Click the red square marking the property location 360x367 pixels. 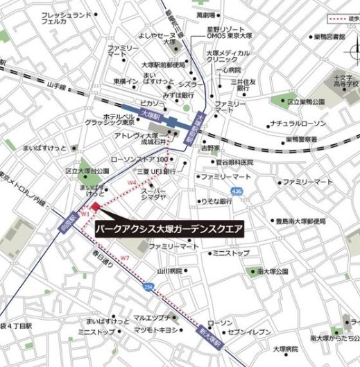click(95, 206)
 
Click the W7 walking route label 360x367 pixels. click(125, 258)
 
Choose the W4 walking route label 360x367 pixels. click(132, 182)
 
